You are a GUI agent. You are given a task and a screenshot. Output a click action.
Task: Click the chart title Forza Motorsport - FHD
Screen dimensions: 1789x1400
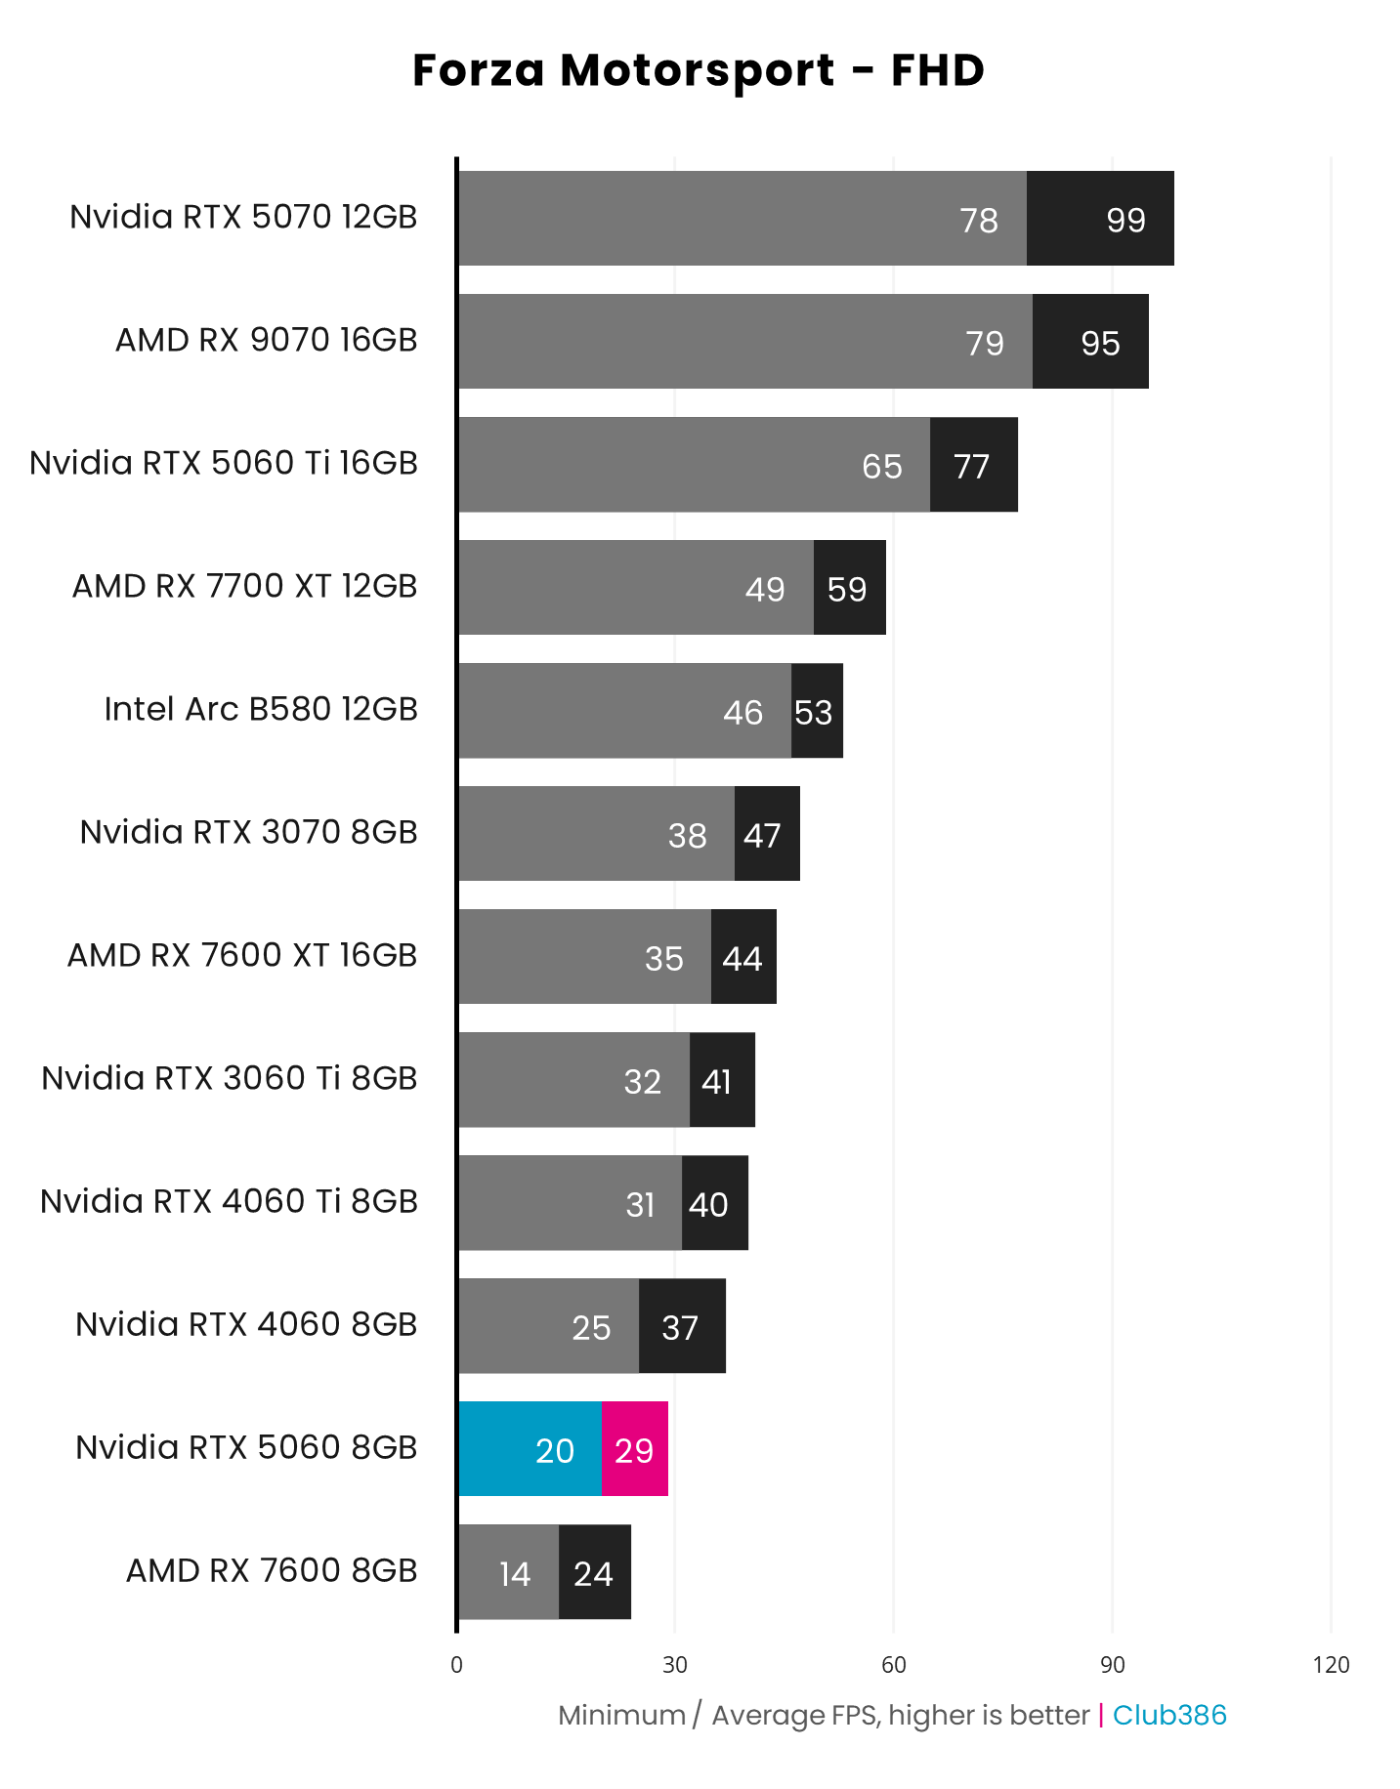(699, 70)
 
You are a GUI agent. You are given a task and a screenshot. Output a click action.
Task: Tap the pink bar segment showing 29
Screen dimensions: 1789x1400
(635, 1449)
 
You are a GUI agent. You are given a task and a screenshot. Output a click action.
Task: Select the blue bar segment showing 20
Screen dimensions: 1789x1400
(530, 1449)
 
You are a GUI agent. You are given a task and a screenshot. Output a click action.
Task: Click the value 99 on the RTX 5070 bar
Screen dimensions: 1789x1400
(1125, 220)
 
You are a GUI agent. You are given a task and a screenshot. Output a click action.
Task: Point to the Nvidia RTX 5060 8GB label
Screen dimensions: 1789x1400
(246, 1447)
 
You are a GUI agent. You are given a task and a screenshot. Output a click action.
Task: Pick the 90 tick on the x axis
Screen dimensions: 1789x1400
(1112, 1665)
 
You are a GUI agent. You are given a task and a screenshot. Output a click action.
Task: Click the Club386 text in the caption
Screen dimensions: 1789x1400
(1169, 1715)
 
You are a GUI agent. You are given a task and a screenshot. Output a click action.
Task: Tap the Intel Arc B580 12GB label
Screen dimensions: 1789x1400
(261, 709)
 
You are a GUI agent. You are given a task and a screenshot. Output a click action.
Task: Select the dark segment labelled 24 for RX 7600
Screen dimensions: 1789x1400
(594, 1572)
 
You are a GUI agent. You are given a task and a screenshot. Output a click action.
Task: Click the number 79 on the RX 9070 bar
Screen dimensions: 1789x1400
(985, 343)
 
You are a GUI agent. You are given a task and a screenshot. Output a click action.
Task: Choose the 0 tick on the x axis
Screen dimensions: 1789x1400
(456, 1665)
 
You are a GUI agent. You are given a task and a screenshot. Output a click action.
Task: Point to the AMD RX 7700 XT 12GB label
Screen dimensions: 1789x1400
(245, 586)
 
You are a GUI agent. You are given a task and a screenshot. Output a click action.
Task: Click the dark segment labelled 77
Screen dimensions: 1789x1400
(973, 465)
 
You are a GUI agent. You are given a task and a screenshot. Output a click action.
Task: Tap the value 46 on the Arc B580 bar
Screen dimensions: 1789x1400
(742, 712)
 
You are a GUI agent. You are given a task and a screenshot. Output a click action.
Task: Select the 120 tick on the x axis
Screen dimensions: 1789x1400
(1331, 1665)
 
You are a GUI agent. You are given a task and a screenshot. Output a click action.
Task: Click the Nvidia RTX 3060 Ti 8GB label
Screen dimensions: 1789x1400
(230, 1078)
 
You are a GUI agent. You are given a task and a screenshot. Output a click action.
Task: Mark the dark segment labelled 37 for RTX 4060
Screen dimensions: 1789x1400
(681, 1326)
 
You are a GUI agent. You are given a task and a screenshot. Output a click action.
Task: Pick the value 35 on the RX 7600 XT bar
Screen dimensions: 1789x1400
(664, 958)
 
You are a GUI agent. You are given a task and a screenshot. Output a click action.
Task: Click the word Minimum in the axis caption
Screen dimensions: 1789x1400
(621, 1715)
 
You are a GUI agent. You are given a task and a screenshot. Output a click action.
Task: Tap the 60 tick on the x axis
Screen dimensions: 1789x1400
(893, 1665)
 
